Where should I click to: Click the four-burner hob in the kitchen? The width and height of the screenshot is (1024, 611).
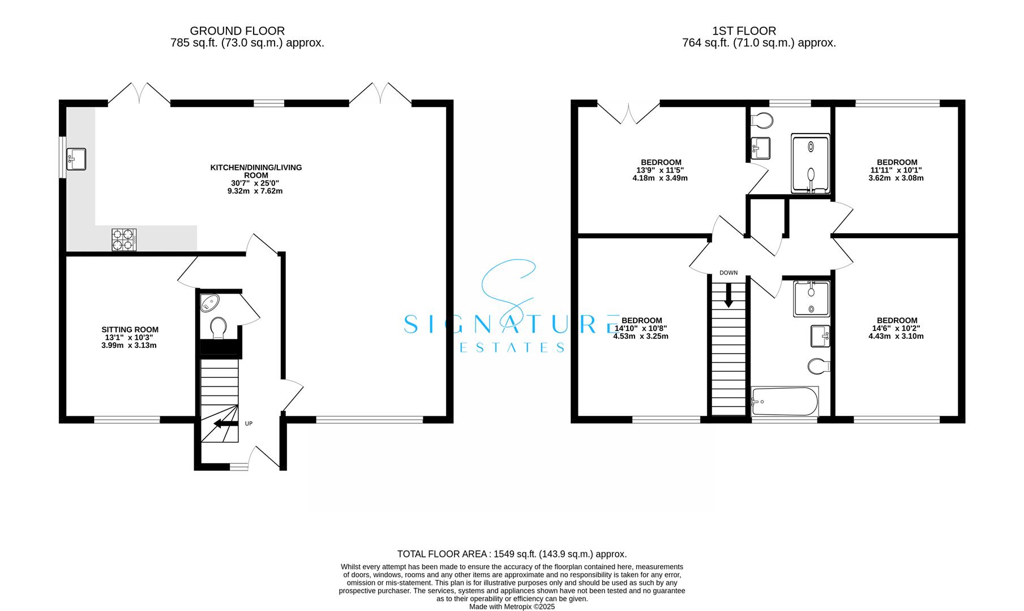pyautogui.click(x=125, y=239)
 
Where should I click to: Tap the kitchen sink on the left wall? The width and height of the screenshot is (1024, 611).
pyautogui.click(x=76, y=158)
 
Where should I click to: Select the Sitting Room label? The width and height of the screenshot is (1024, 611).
pyautogui.click(x=130, y=329)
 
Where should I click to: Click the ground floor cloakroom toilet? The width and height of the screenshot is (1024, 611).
pyautogui.click(x=218, y=328)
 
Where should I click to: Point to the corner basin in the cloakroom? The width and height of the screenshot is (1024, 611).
pyautogui.click(x=209, y=303)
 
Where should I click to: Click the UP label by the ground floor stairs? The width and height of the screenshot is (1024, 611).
pyautogui.click(x=248, y=423)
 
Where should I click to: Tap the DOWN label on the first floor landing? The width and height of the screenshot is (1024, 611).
pyautogui.click(x=729, y=273)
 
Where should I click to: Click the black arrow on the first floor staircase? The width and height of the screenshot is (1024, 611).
pyautogui.click(x=729, y=295)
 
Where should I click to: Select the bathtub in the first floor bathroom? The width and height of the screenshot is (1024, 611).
pyautogui.click(x=785, y=401)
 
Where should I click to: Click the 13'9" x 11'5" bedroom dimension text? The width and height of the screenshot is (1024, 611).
pyautogui.click(x=661, y=170)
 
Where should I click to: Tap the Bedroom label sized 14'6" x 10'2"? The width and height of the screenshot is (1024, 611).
pyautogui.click(x=897, y=320)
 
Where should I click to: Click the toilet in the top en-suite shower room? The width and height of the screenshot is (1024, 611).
pyautogui.click(x=762, y=121)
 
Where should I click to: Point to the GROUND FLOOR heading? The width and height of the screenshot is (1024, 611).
pyautogui.click(x=237, y=31)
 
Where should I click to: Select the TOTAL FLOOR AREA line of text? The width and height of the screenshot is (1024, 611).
pyautogui.click(x=512, y=554)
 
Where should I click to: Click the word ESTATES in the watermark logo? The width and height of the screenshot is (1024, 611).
pyautogui.click(x=512, y=347)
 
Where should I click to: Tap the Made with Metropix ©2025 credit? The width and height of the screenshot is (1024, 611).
pyautogui.click(x=512, y=606)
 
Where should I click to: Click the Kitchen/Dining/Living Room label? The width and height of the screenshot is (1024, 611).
pyautogui.click(x=256, y=171)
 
